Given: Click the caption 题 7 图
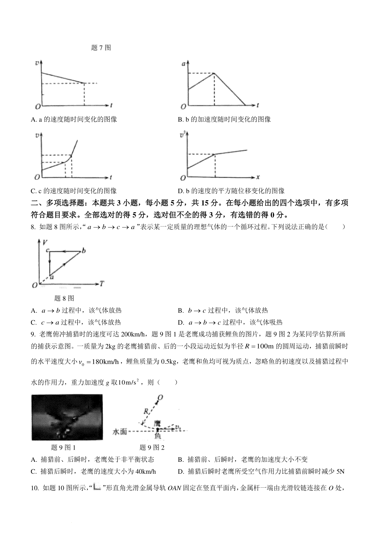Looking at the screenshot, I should click(x=101, y=48).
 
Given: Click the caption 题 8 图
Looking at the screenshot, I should click(x=64, y=298).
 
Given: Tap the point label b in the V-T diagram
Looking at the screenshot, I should click(x=84, y=251).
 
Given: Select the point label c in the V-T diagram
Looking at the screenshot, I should click(x=47, y=250).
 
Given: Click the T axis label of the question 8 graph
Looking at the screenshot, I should click(x=102, y=283).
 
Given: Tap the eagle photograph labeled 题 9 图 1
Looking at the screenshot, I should click(x=67, y=417).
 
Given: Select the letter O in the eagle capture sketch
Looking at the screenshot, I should click(x=160, y=398).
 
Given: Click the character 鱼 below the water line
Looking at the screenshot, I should click(x=157, y=436).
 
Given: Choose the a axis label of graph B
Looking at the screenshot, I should click(x=183, y=64).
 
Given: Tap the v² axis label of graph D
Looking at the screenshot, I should click(x=182, y=135).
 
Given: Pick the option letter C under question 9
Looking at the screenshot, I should click(x=33, y=472).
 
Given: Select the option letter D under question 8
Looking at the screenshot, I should click(x=181, y=323).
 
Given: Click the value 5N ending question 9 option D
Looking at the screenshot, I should click(x=340, y=472).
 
